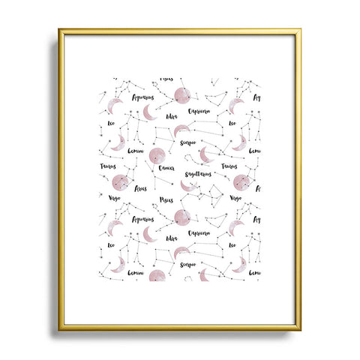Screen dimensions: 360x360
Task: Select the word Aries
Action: [x=141, y=189]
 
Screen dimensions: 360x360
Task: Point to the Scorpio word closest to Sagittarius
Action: [x=187, y=139]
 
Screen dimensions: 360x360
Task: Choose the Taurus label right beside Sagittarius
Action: [x=228, y=167]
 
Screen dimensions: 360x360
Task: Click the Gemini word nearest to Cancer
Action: [x=136, y=151]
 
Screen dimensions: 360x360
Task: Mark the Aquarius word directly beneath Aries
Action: [x=142, y=220]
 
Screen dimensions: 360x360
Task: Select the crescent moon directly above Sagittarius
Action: [x=206, y=154]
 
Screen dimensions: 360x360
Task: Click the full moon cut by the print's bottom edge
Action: [x=157, y=276]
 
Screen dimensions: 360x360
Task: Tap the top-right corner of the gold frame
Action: [x=301, y=31]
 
